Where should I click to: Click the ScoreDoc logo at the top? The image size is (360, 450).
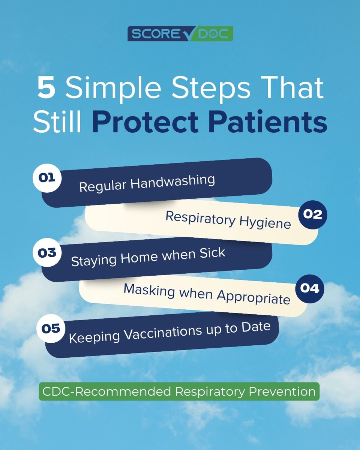coord(180,33)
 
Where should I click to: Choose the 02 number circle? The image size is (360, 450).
coord(313,214)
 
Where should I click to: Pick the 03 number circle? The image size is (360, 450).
coord(47,253)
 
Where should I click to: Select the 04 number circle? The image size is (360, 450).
coord(309,289)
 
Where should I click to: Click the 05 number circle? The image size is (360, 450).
coord(51,329)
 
